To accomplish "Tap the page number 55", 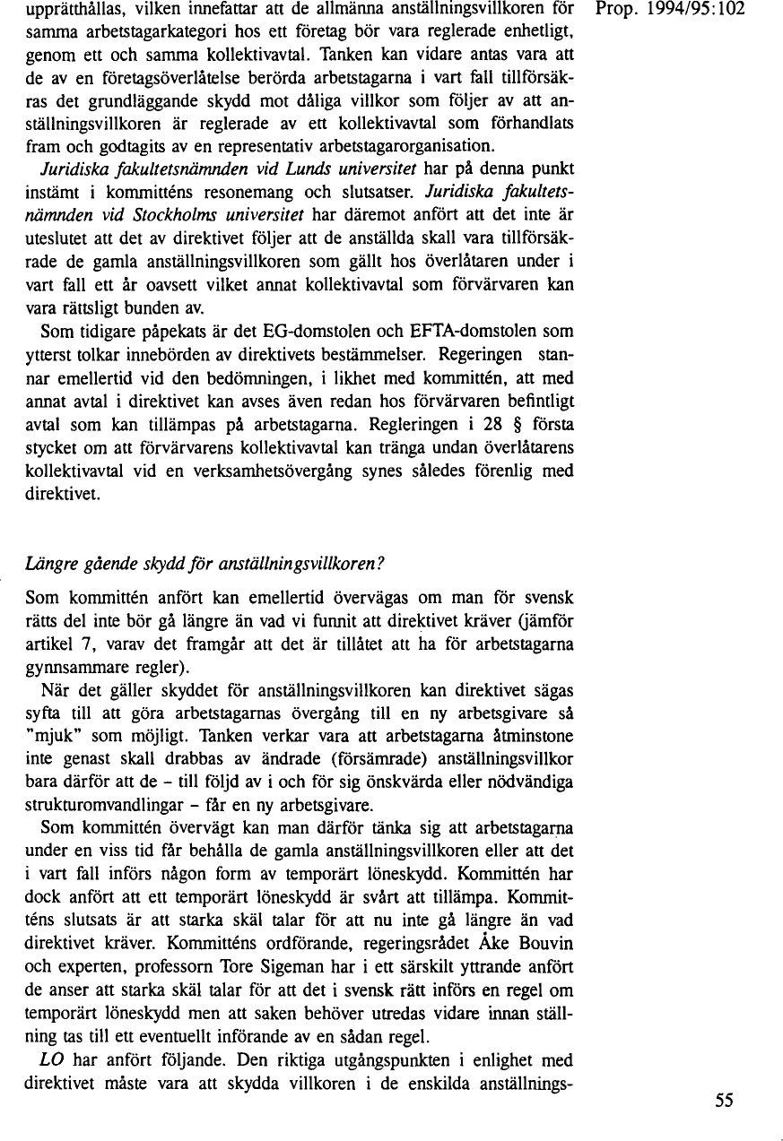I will point(725,1102).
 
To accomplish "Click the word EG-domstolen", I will point(311,332).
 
